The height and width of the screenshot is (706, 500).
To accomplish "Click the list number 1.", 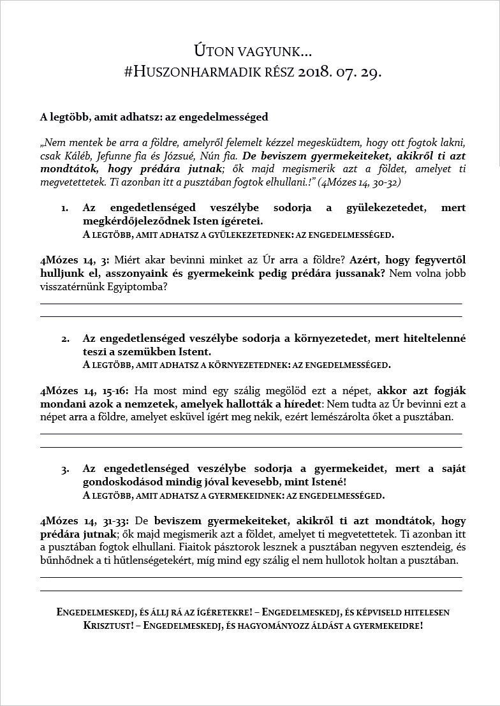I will click(x=64, y=209).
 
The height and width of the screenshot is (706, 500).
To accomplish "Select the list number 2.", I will click(x=65, y=339).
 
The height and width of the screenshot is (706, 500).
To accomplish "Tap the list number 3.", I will click(x=65, y=469).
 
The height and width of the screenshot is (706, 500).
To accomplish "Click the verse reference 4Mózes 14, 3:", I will click(x=75, y=260).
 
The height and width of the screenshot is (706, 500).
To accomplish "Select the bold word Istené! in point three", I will click(x=323, y=482).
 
